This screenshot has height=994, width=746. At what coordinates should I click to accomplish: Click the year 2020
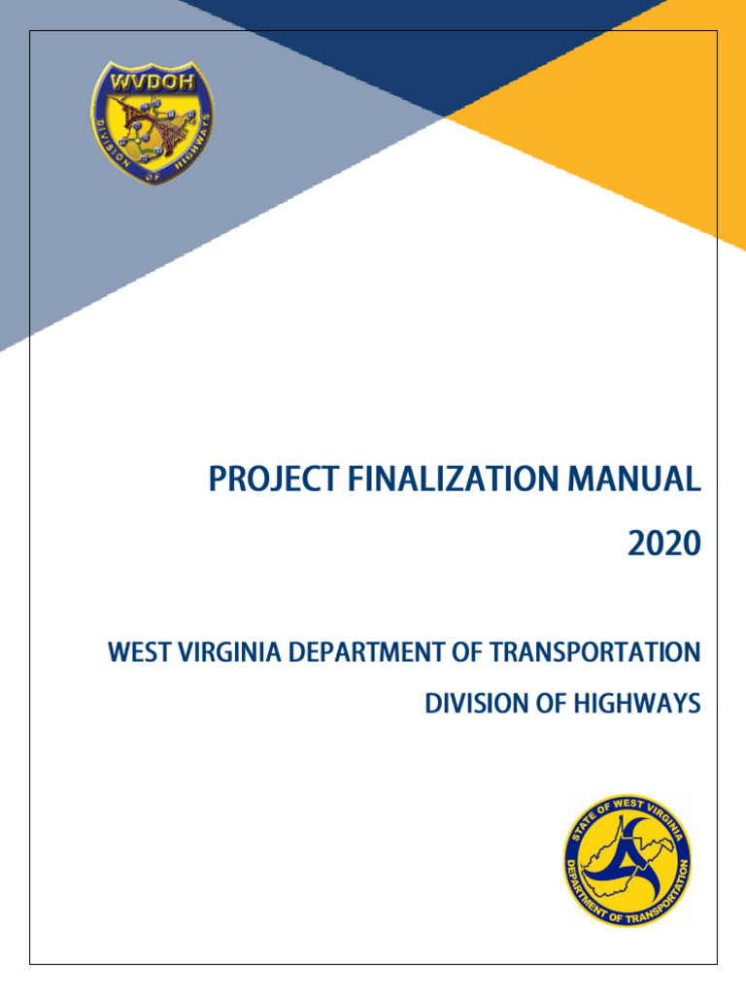coord(663,546)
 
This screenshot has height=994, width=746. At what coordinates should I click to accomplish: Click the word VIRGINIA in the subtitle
coord(227,652)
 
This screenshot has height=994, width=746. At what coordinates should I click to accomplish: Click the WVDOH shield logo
coord(151,122)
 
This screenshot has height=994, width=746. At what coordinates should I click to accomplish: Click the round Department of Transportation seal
coord(627,859)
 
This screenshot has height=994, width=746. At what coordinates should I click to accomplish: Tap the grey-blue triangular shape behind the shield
coord(58,243)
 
